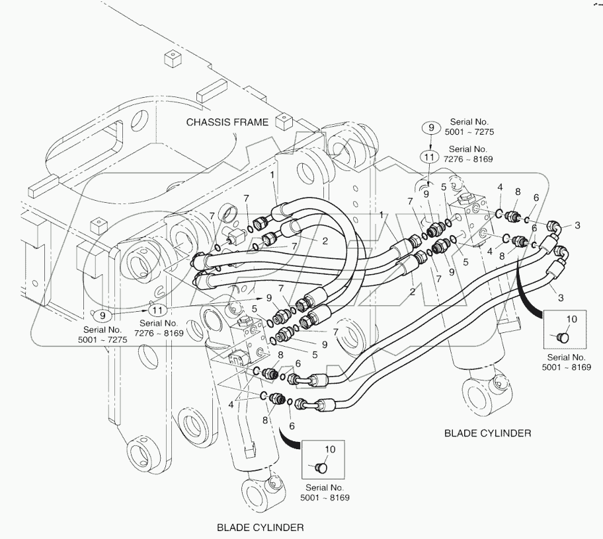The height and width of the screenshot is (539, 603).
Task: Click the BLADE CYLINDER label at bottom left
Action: pyautogui.click(x=260, y=527)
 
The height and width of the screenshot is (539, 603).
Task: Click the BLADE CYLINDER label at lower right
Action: pyautogui.click(x=487, y=433)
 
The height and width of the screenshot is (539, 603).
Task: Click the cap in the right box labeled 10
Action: pyautogui.click(x=563, y=337)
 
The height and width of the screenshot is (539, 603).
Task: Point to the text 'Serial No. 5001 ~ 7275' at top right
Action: pyautogui.click(x=470, y=127)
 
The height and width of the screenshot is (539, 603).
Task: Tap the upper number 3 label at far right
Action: pyautogui.click(x=577, y=226)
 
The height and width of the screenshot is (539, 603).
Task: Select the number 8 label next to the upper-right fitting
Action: pyautogui.click(x=518, y=193)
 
